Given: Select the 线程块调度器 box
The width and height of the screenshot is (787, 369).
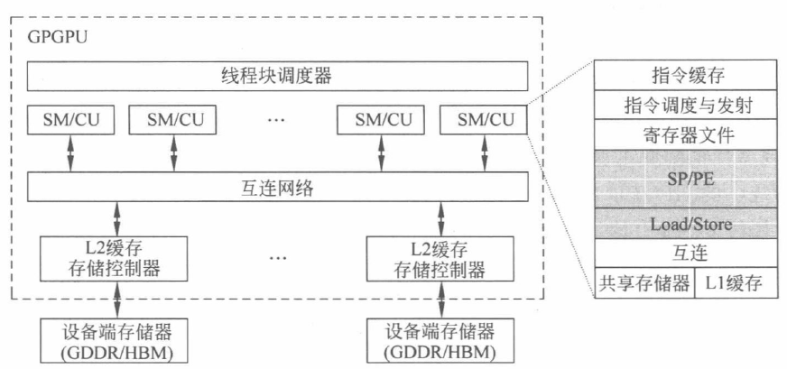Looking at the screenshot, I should click(276, 77).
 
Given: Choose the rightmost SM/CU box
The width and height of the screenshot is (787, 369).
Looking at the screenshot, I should click(484, 119).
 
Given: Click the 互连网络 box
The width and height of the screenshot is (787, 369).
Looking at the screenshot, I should click(276, 188).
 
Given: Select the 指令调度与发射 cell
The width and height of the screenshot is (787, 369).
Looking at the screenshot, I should click(688, 106).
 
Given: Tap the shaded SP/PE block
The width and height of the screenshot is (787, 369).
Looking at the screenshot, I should click(688, 178).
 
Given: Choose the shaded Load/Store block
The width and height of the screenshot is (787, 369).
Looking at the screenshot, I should click(688, 223).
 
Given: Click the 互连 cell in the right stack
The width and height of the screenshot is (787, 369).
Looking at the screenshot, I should click(688, 254).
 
